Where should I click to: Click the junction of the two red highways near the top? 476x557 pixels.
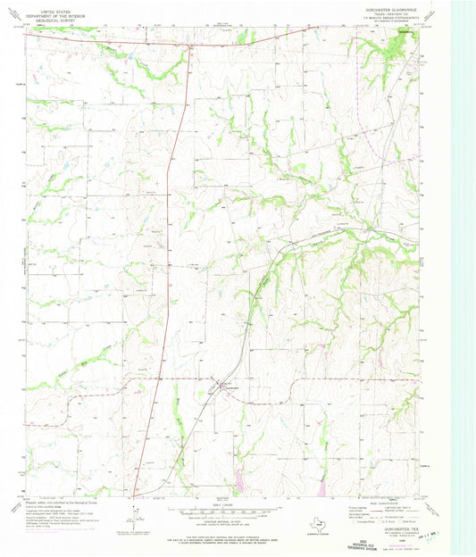coord(190,45)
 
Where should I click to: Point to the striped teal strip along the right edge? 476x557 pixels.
coord(463,268)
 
